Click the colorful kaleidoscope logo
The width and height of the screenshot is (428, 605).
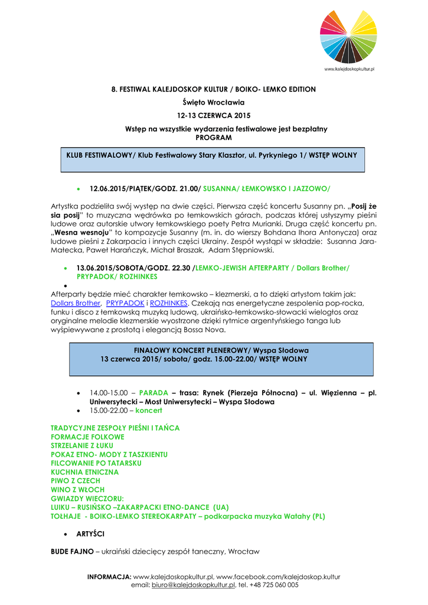[x=348, y=37]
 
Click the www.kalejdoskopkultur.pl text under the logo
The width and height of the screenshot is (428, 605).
[x=350, y=70]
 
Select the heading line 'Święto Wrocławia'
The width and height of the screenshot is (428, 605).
[x=214, y=102]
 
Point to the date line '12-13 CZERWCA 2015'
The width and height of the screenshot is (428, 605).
[x=214, y=115]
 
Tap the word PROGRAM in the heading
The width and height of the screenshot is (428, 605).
[x=214, y=137]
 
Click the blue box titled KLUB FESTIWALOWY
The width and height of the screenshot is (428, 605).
[x=213, y=160]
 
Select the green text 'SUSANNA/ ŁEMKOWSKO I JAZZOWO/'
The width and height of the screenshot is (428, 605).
[x=267, y=188]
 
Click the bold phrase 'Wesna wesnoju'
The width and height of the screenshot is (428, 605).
[x=79, y=233]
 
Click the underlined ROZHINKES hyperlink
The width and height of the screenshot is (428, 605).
[x=169, y=302]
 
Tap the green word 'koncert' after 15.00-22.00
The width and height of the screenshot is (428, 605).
[x=148, y=410]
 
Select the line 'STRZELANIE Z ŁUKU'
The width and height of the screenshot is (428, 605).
[x=82, y=445]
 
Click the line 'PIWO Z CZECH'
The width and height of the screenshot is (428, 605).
[x=76, y=481]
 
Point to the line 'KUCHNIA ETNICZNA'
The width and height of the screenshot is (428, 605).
[x=84, y=472]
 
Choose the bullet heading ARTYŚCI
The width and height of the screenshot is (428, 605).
[x=91, y=534]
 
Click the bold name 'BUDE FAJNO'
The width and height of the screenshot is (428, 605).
[x=72, y=552]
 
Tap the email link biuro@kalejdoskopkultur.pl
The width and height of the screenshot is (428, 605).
[x=193, y=585]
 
